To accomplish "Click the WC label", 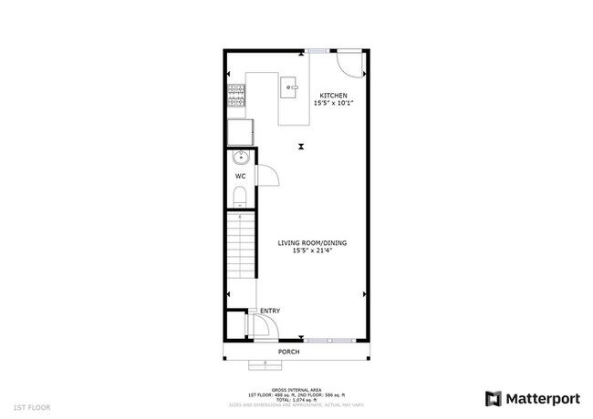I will (x=240, y=176).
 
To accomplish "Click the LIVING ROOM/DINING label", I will (x=312, y=243).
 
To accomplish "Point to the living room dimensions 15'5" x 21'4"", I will (x=312, y=251).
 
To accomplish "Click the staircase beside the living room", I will (x=240, y=256).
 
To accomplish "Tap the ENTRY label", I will (x=270, y=312).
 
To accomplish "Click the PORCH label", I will (x=289, y=351).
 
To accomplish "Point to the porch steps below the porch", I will (x=263, y=364).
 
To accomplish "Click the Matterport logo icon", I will (x=493, y=398).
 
